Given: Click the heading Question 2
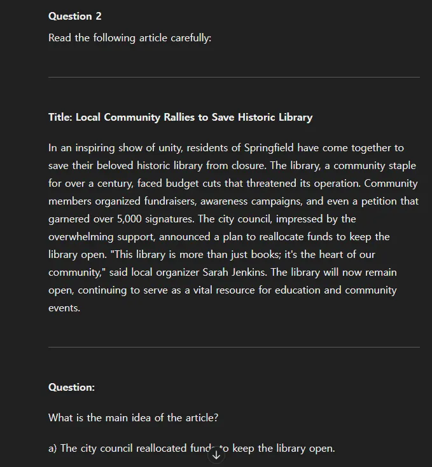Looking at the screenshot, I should click(x=74, y=17).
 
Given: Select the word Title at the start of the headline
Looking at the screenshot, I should click(x=60, y=118).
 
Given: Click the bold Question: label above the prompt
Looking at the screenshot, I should click(x=71, y=388).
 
